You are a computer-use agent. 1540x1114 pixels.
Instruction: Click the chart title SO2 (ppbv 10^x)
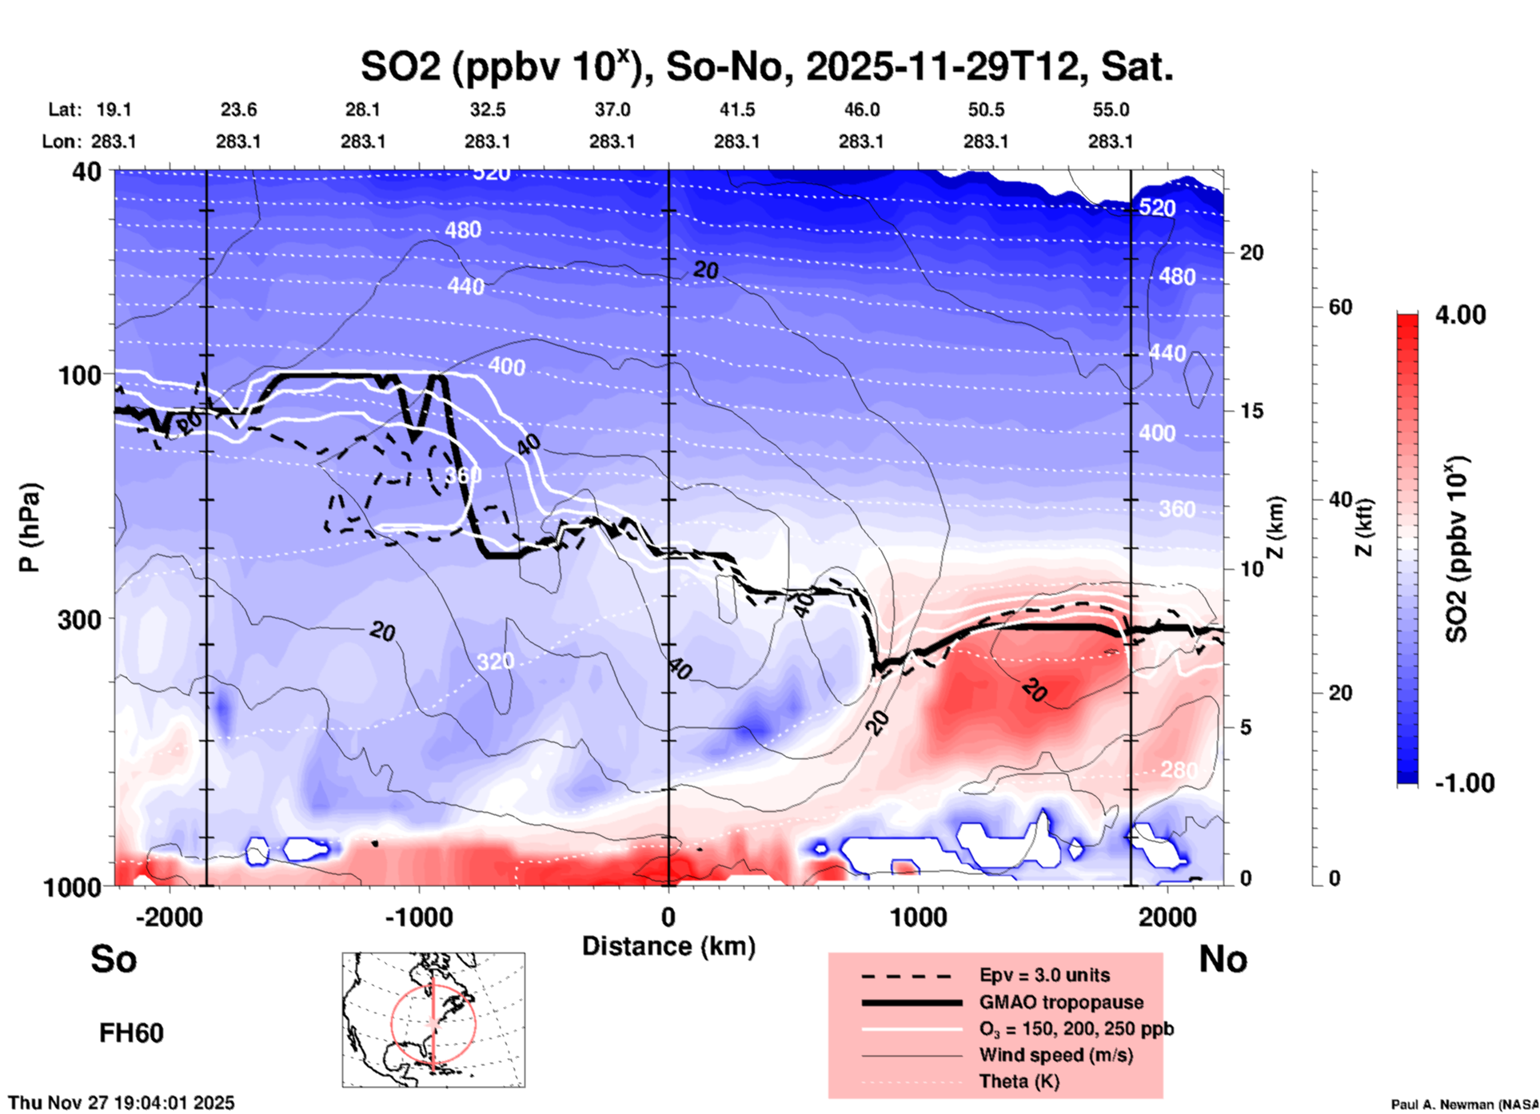coord(766,66)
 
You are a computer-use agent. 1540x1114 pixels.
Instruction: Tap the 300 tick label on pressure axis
coord(79,619)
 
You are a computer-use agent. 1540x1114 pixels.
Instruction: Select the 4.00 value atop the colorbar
coord(1460,315)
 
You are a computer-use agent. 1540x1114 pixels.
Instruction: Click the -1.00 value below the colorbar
coord(1464,783)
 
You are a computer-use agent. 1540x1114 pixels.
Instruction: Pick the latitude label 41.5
coord(736,110)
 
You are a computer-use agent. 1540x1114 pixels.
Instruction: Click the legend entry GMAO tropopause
coord(1061,1002)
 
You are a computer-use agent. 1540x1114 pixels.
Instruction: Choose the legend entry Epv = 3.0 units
coord(1044,975)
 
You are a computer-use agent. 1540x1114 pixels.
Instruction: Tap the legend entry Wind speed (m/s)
coord(1055,1055)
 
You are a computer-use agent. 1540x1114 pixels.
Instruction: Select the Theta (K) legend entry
coord(1019,1081)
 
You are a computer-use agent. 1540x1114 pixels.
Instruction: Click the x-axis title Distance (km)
coord(668,946)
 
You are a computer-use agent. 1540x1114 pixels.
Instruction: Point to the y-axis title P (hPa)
coord(29,527)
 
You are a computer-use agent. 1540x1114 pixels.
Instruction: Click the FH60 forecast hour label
coord(131,1033)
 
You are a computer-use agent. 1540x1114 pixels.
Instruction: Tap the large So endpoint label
coord(114,959)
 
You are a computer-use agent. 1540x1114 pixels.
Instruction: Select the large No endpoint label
coord(1223,959)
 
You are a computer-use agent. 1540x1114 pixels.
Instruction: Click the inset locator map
coord(433,1020)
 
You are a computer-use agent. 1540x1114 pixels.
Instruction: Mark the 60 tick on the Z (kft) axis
coord(1340,307)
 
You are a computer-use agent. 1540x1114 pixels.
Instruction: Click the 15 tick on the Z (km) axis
coord(1251,411)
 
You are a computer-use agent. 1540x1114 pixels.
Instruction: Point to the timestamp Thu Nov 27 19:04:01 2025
coord(122,1103)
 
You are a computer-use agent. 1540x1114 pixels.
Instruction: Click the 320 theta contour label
coord(496,662)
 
